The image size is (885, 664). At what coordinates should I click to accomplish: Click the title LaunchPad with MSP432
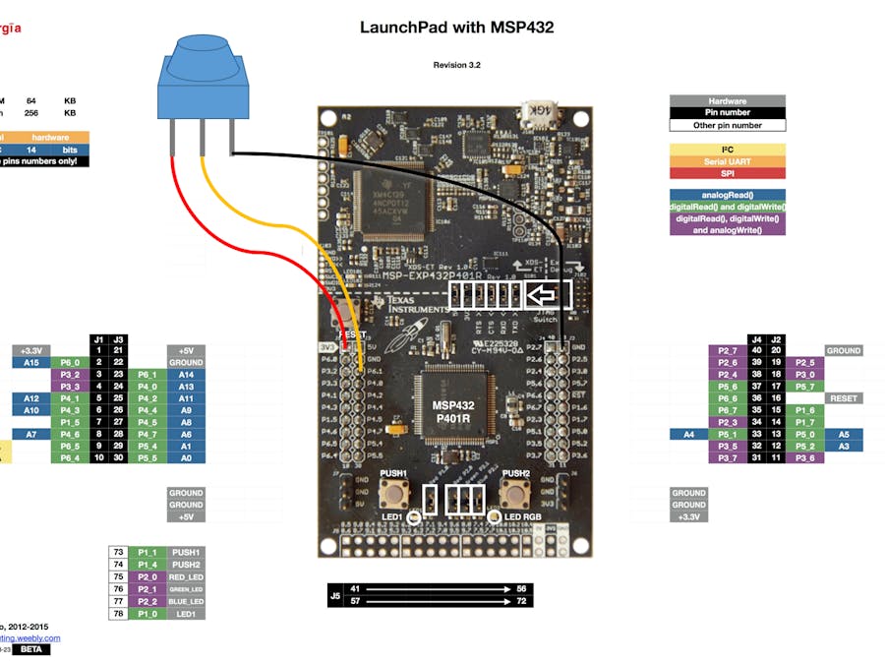457,28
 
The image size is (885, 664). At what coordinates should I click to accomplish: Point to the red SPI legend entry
727,173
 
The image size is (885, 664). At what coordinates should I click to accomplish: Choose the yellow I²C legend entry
727,149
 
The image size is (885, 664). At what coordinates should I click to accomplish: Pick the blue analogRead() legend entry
727,195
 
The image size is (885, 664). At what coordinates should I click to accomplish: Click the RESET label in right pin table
844,398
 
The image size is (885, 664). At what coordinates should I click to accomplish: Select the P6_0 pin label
69,362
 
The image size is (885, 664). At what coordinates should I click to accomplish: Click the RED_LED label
186,576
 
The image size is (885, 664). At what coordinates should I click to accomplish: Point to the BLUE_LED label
186,601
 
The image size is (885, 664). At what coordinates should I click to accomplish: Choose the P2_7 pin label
728,350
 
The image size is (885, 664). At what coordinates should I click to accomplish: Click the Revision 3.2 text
457,65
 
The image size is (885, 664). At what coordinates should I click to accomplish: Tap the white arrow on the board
540,294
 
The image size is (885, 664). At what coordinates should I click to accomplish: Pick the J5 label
335,594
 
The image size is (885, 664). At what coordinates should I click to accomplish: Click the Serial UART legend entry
727,161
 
